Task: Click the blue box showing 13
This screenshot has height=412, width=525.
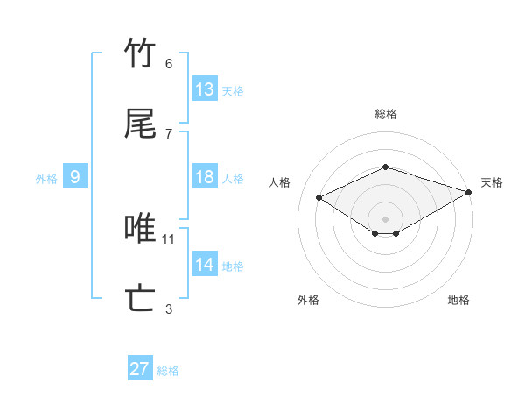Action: pos(205,89)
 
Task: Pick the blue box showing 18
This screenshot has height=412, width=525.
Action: pos(205,177)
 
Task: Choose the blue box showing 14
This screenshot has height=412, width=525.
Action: pos(205,265)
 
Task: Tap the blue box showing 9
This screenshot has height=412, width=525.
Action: pos(75,177)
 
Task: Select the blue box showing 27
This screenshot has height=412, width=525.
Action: pos(140,369)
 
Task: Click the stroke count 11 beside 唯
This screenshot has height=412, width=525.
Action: pos(169,238)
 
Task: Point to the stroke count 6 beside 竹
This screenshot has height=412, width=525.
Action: pos(169,63)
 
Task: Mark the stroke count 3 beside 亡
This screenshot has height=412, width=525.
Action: pos(169,309)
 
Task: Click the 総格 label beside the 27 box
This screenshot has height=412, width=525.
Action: pos(168,371)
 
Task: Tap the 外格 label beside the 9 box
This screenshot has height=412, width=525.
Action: pos(46,179)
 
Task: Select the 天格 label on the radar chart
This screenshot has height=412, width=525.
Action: pos(492,182)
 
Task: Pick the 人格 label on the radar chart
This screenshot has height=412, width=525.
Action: pos(280,182)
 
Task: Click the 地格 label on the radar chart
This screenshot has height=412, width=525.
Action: pos(458,300)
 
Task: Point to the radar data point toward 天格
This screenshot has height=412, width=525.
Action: pos(470,191)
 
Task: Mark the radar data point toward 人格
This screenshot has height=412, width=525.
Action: pos(319,198)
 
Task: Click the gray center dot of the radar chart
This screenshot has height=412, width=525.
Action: pos(385,218)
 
